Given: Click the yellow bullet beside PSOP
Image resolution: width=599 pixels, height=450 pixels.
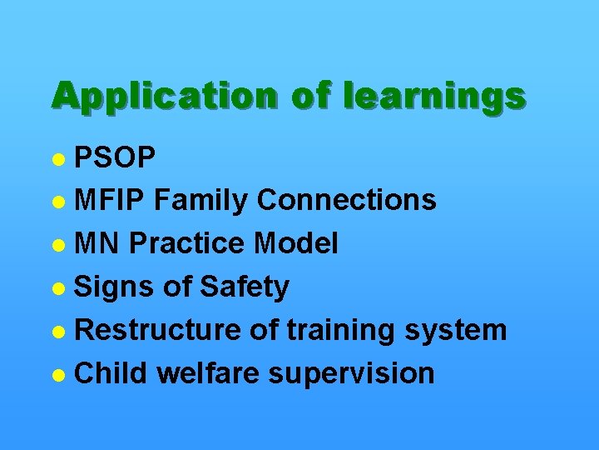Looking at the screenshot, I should point(58,157).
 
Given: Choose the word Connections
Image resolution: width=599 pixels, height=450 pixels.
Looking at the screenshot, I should point(346,200).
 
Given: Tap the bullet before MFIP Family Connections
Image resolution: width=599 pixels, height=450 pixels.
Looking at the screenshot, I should point(58,201).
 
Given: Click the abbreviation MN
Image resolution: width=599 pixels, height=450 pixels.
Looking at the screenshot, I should point(98,243).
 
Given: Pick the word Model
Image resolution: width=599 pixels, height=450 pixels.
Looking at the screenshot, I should point(296,243).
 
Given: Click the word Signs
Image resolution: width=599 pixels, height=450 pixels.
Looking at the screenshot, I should point(114,287).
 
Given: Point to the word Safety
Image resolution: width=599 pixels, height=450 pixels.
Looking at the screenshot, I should point(244,287).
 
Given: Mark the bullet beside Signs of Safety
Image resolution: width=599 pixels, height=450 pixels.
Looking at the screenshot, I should point(58,287).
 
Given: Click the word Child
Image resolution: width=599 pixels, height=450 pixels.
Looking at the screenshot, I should point(111,373).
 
